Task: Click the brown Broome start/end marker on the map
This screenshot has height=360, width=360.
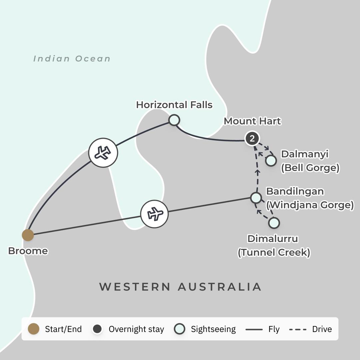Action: (x=28, y=235)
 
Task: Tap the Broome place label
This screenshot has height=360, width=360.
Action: (x=28, y=251)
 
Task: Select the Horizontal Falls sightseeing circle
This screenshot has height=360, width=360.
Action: (x=174, y=120)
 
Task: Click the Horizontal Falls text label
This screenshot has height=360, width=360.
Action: (x=174, y=105)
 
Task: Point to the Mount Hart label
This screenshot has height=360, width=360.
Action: (x=252, y=121)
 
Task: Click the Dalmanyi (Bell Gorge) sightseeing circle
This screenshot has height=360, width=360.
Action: (x=271, y=161)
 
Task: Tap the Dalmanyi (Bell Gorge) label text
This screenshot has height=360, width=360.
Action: (x=310, y=161)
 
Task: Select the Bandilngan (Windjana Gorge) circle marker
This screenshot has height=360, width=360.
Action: (x=256, y=198)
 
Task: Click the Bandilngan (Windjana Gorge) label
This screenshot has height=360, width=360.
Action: (x=310, y=198)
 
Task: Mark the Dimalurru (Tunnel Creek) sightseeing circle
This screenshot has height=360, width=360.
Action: (x=274, y=223)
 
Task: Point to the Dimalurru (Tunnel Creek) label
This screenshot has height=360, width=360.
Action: (x=273, y=246)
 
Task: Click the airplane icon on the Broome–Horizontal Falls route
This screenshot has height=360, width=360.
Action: (x=103, y=153)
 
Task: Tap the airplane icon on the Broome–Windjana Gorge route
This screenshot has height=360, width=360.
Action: (x=154, y=214)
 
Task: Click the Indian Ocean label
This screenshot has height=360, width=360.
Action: (x=72, y=59)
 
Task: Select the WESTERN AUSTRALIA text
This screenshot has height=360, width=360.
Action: (x=180, y=287)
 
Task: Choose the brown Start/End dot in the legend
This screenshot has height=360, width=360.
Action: (x=34, y=329)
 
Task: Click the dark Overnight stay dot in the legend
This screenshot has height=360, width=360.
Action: (x=97, y=329)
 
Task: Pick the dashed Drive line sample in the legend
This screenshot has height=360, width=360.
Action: (x=298, y=329)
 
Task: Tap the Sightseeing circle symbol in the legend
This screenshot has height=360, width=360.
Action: (x=180, y=329)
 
